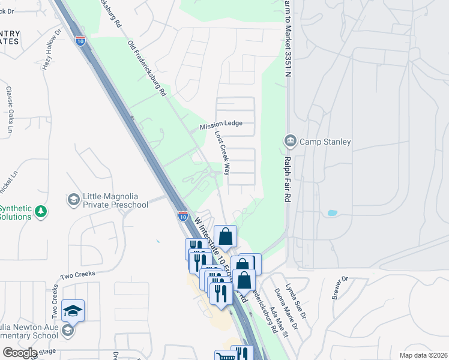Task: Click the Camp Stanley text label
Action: (325, 142)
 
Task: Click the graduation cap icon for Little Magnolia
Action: (73, 199)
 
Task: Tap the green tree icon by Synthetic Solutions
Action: (41, 211)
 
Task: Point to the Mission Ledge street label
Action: (221, 124)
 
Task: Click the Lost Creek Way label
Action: (223, 153)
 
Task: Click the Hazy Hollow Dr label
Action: (51, 49)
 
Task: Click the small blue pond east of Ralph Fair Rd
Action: (332, 213)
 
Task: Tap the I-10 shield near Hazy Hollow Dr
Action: (80, 41)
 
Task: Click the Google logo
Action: (19, 353)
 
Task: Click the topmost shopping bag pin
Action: (225, 236)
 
